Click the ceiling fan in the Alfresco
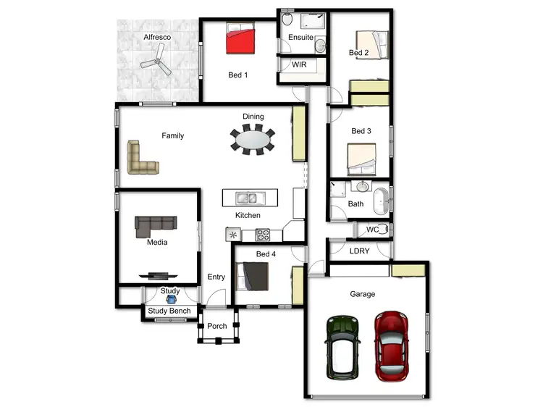click(158, 62)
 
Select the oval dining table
click(253, 140)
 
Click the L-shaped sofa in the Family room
click(140, 159)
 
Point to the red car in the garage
click(391, 346)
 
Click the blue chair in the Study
click(170, 300)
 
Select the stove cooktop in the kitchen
click(262, 234)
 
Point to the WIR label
click(300, 64)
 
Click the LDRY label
click(359, 251)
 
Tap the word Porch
click(217, 326)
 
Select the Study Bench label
click(169, 311)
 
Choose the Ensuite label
click(300, 37)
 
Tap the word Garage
click(363, 294)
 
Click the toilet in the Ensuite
click(287, 18)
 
